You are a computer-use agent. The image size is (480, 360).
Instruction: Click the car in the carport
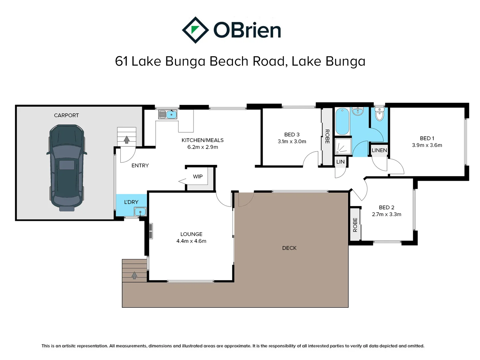pyautogui.click(x=66, y=168)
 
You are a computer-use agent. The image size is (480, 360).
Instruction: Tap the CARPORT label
pyautogui.click(x=66, y=115)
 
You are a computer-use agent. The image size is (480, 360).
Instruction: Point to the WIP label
pyautogui.click(x=198, y=177)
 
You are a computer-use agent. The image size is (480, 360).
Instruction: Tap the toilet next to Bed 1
pyautogui.click(x=379, y=114)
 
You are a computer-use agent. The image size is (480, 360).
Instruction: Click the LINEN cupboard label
pyautogui.click(x=379, y=150)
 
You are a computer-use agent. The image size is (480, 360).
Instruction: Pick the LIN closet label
pyautogui.click(x=340, y=162)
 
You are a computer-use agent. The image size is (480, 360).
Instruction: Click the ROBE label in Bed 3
pyautogui.click(x=327, y=136)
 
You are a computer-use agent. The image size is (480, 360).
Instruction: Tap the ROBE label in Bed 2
pyautogui.click(x=355, y=225)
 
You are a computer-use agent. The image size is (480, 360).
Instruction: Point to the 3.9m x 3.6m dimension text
pyautogui.click(x=427, y=145)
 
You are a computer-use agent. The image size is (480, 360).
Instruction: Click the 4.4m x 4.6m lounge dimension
pyautogui.click(x=191, y=241)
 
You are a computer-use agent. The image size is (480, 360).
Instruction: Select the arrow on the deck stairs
pyautogui.click(x=134, y=275)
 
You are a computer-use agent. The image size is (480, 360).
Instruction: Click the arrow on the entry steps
pyautogui.click(x=127, y=139)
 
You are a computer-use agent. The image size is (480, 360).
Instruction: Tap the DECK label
pyautogui.click(x=289, y=248)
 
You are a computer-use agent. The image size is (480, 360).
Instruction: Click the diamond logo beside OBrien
pyautogui.click(x=195, y=30)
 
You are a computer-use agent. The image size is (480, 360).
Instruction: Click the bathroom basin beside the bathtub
pyautogui.click(x=358, y=111)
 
